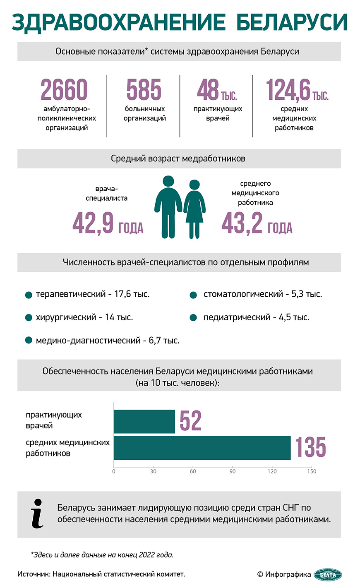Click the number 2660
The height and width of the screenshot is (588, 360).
64,90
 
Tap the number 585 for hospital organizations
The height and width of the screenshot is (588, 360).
144,90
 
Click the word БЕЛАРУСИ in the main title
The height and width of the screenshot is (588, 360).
291,22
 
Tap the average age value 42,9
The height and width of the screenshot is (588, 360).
93,223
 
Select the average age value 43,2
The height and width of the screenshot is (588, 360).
242,223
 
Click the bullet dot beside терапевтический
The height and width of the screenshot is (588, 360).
29,295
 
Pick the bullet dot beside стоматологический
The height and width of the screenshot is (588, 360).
193,295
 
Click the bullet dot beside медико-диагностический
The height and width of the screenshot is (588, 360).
29,341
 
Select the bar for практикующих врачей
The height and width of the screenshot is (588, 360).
144,422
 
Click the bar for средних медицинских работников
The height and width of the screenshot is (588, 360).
202,448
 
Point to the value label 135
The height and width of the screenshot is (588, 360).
310,447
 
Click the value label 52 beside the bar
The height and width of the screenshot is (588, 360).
190,421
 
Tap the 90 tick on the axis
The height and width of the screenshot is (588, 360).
233,471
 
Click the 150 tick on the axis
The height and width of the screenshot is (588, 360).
312,471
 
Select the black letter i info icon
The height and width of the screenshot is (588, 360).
37,514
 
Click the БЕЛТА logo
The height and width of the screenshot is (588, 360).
328,574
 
